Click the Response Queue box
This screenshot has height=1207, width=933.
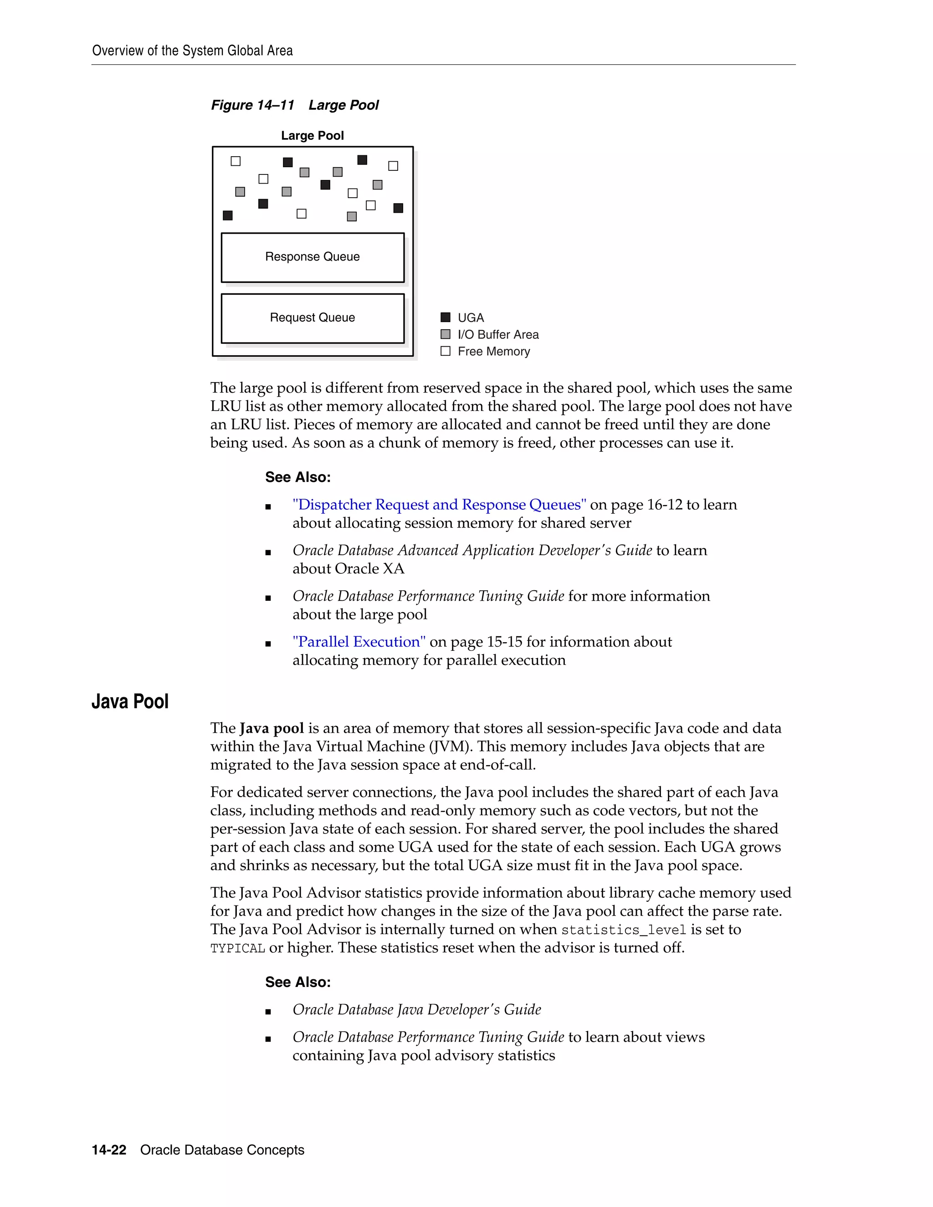coord(312,257)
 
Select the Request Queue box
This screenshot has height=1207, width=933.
coord(312,318)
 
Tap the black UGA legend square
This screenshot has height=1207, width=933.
coord(446,317)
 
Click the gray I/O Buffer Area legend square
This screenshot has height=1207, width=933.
coord(446,334)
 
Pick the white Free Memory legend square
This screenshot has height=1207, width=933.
coord(446,351)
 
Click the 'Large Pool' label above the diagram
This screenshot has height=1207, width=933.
coord(312,135)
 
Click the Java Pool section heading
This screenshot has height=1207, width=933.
coord(130,701)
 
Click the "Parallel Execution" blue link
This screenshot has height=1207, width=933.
coord(359,642)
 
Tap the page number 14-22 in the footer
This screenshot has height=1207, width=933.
coord(109,1150)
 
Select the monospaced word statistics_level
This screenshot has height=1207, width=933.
coord(624,930)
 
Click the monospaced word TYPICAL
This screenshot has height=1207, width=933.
coord(238,948)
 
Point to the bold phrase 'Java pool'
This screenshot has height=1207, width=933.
coord(272,728)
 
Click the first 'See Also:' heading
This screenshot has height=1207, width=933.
coord(298,477)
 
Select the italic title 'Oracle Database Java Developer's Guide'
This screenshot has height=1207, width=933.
coord(417,1010)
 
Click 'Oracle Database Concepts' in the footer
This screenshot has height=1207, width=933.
coord(222,1150)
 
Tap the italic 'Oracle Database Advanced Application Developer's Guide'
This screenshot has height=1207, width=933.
coord(472,551)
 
